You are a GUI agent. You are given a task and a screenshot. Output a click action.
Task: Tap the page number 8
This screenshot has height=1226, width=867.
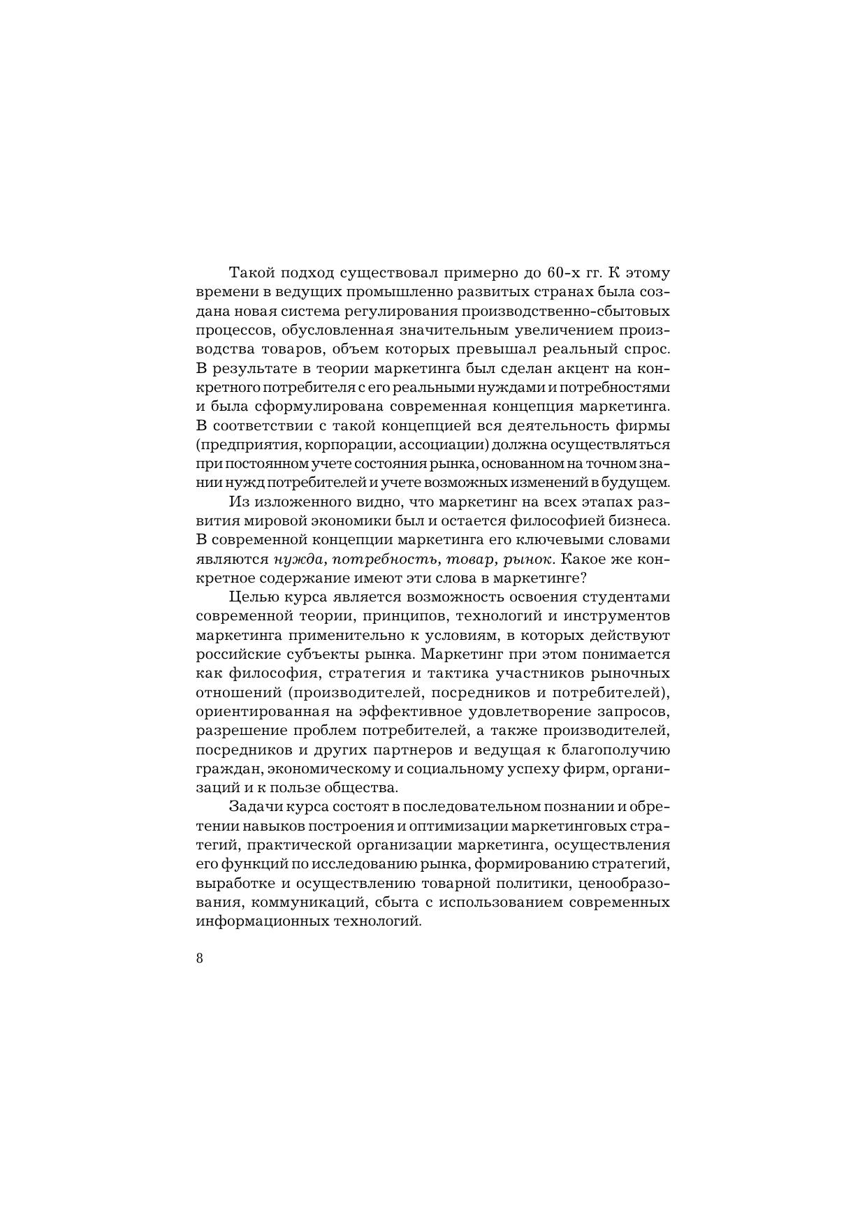coord(200,958)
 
